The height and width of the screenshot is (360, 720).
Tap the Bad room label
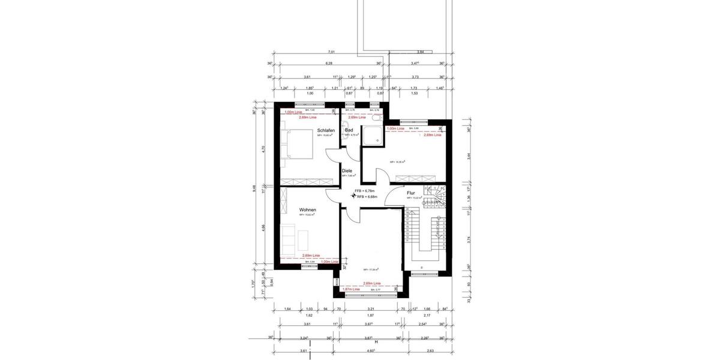pos(349,130)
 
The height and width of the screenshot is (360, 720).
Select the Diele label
pos(347,171)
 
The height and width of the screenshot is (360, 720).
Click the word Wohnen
pos(307,210)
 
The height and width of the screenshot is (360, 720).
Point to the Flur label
pos(411,193)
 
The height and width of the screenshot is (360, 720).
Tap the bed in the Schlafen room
pos(298,146)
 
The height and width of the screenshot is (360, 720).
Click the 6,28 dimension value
pos(329,64)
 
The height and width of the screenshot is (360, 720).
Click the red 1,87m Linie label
pos(352,289)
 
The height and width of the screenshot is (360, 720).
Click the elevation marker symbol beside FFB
pos(354,193)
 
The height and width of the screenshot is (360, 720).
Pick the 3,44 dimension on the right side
pos(468,156)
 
